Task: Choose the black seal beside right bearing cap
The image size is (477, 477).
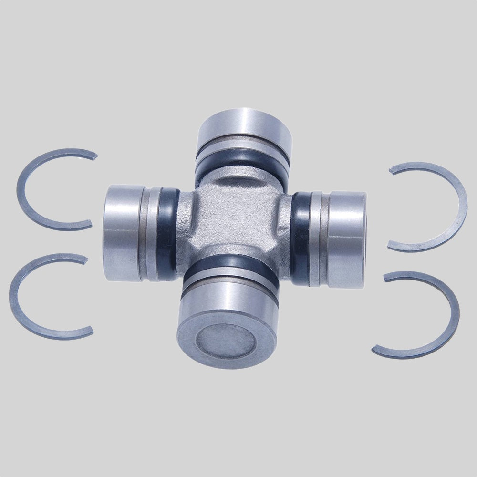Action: (x=300, y=238)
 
